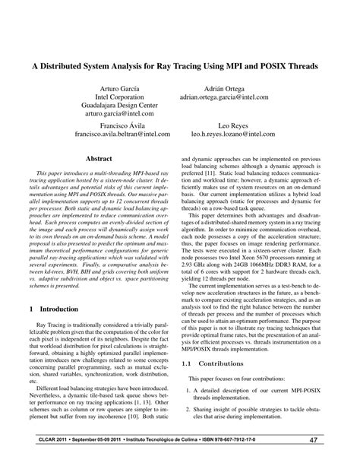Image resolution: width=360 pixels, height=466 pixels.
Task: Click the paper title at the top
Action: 179,66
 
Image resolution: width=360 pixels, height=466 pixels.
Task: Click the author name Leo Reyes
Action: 233,125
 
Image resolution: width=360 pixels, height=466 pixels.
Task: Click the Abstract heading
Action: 99,160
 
